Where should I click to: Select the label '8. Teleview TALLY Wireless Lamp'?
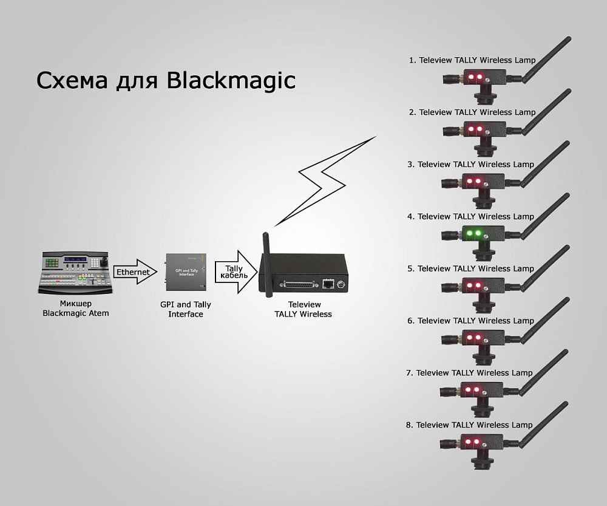click(x=469, y=425)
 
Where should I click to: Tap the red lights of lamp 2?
click(x=473, y=129)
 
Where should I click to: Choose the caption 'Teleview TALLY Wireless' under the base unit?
click(x=303, y=309)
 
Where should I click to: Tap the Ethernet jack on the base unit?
click(x=328, y=283)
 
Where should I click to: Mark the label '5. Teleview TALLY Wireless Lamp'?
click(x=470, y=268)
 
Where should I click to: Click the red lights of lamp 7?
click(x=472, y=389)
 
